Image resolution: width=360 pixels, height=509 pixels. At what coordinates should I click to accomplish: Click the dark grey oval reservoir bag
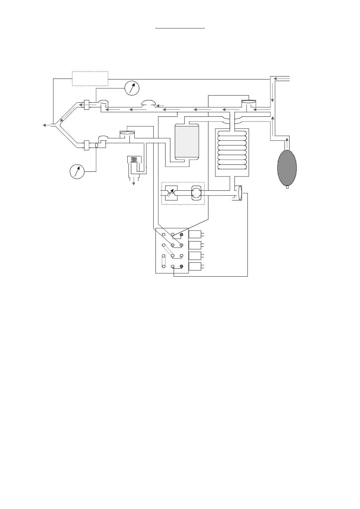287,167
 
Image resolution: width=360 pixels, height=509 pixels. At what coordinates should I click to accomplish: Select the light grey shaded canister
187,142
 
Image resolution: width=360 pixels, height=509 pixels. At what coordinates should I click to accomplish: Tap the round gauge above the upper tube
132,88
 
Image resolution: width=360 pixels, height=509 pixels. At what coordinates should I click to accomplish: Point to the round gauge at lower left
77,171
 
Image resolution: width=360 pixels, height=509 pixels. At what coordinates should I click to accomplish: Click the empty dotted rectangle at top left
90,79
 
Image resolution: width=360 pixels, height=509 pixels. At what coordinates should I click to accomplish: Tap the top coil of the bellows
232,134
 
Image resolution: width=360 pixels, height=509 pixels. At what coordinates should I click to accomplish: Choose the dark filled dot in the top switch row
182,235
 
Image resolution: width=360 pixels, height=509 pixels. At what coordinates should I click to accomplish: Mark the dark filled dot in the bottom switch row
182,266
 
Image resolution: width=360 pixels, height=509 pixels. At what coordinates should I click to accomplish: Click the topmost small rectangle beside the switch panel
195,234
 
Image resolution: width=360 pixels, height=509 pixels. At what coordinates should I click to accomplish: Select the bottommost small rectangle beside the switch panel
195,267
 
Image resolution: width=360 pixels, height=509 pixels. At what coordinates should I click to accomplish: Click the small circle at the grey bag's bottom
287,187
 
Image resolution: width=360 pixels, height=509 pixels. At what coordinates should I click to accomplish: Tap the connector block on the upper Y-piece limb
87,105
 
